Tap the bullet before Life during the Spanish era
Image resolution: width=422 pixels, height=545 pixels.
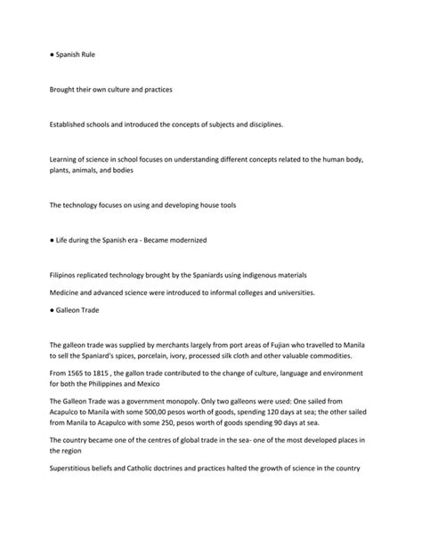coord(53,240)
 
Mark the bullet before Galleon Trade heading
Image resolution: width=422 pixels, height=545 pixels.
coord(53,309)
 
